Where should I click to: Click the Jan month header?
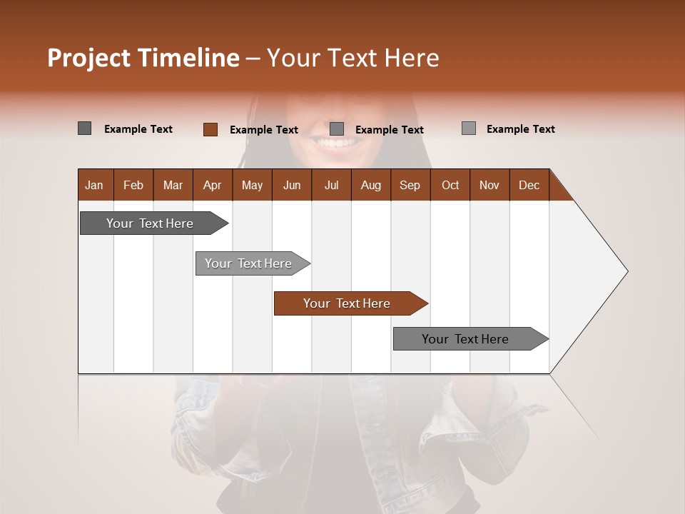tap(94, 185)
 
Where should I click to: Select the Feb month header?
tap(133, 185)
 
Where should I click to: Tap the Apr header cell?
tap(212, 185)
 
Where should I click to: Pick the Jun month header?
tap(292, 185)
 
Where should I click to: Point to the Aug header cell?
tap(370, 185)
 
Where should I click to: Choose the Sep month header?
tap(410, 185)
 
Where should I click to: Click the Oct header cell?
tap(450, 185)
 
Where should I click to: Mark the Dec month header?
tap(529, 185)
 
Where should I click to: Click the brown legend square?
tap(210, 129)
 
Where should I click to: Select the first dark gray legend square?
tap(85, 128)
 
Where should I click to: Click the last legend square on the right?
tap(469, 128)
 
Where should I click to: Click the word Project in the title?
tap(89, 58)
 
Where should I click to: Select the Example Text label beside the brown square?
tap(263, 130)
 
